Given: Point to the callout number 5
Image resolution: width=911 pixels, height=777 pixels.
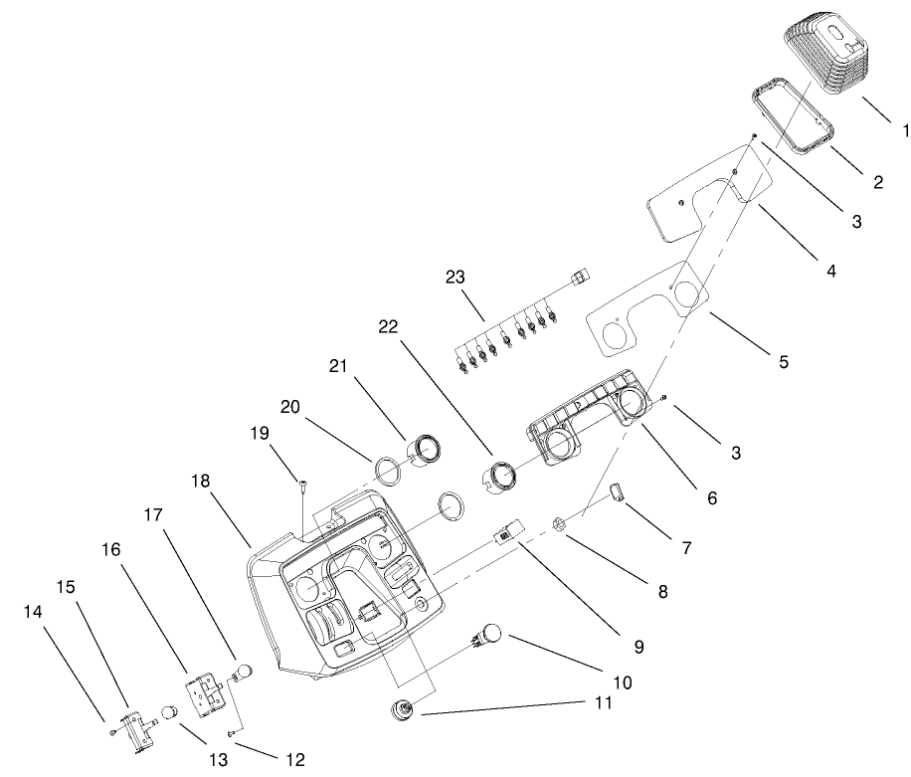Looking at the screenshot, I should click(x=784, y=362).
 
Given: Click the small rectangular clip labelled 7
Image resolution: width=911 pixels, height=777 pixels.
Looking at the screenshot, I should click(x=617, y=491).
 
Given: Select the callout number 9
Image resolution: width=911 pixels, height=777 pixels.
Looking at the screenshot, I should click(x=638, y=647).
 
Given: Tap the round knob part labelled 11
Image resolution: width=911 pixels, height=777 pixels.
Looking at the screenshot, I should click(x=405, y=709).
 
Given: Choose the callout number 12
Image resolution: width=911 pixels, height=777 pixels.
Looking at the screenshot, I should click(x=294, y=759).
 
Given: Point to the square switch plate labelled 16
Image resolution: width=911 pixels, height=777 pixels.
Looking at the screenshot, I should click(x=206, y=689).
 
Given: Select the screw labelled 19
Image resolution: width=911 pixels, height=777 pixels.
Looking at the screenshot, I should click(x=301, y=486).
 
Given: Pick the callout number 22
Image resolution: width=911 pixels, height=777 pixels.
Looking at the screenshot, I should click(x=390, y=325).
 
